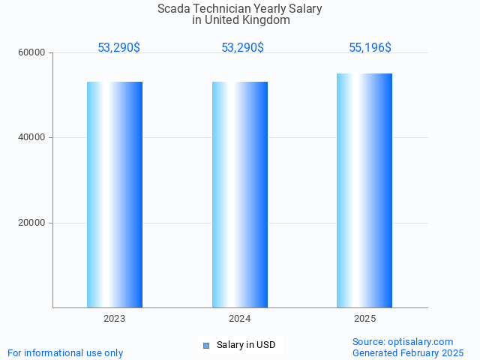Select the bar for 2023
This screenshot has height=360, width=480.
point(115,194)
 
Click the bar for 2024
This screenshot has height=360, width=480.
point(240,194)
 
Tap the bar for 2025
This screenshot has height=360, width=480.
point(364,190)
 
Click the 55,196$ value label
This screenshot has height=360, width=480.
point(370,48)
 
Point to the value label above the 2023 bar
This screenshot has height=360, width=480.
point(118,48)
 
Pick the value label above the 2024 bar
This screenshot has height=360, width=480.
point(242,48)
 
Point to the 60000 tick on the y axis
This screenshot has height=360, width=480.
point(33,52)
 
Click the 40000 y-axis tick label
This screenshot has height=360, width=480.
point(33,138)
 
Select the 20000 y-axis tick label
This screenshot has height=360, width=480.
point(33,223)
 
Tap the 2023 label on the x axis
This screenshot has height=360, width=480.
point(115,319)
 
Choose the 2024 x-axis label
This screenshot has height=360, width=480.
point(240,319)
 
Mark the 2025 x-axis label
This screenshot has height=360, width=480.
point(364,319)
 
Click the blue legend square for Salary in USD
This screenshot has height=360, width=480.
point(205,345)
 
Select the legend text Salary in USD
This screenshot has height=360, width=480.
point(246,345)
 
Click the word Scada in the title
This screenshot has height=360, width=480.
point(174,9)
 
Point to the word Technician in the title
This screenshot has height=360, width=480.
point(224,9)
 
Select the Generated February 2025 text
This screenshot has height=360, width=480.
point(408,352)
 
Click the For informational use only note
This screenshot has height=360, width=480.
point(65,352)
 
